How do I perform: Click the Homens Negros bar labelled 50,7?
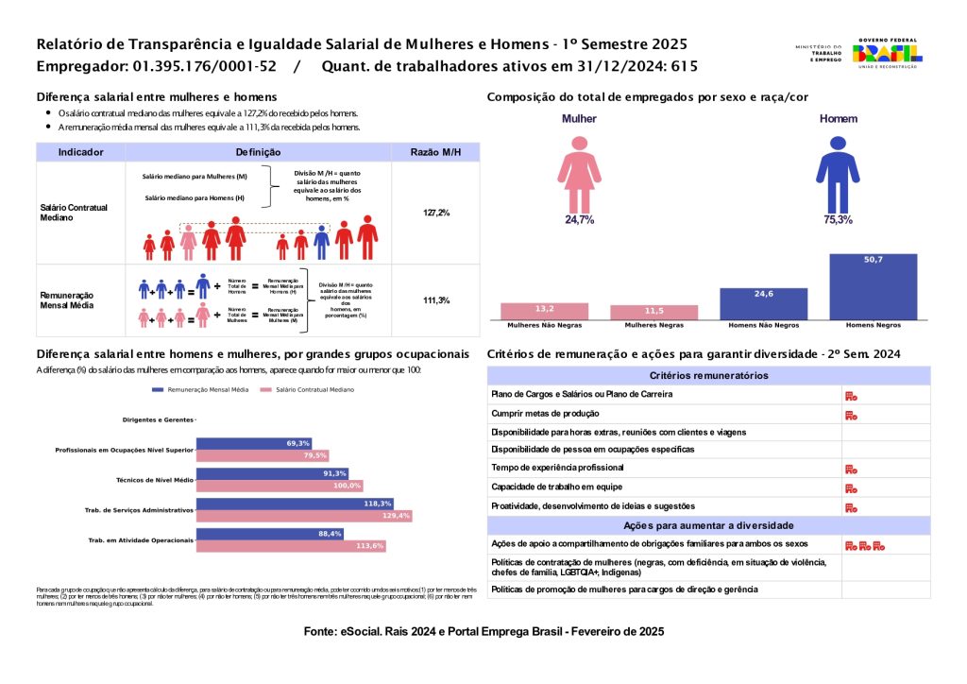(x=874, y=287)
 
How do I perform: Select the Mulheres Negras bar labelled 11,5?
(x=654, y=313)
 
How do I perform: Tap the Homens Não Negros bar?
(x=764, y=304)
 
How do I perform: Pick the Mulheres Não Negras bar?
(x=545, y=311)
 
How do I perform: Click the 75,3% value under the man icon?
(x=838, y=219)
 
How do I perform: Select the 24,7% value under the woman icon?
(x=579, y=219)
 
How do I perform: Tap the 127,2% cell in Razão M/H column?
(x=436, y=213)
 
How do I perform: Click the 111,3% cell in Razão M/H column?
(x=436, y=300)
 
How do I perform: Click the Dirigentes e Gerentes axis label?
(x=158, y=419)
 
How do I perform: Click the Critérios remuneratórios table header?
(x=709, y=375)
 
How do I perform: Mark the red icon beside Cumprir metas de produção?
(x=851, y=414)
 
